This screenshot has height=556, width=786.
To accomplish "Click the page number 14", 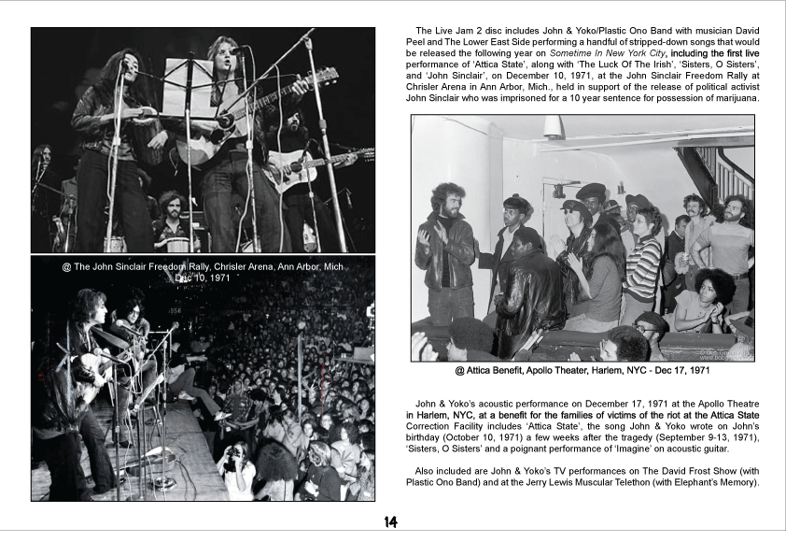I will [391, 522].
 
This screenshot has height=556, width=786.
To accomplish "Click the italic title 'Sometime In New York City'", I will [599, 55].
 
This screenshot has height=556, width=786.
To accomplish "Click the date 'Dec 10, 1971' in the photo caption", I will [204, 278].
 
